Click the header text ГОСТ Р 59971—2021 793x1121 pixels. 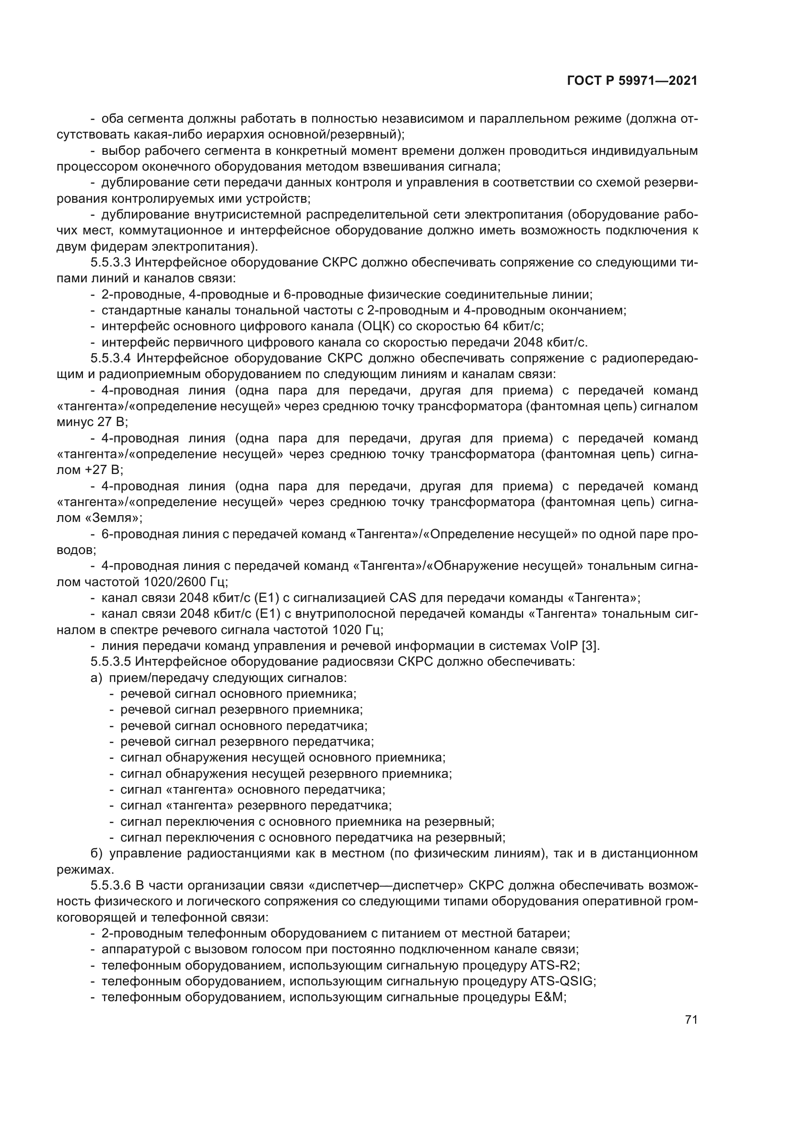point(632,81)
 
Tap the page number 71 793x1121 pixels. point(691,1019)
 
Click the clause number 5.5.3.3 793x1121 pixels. point(110,263)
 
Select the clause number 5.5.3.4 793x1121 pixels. point(110,358)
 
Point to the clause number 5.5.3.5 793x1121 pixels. point(110,662)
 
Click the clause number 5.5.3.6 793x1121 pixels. point(110,886)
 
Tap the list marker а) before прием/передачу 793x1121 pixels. point(96,678)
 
